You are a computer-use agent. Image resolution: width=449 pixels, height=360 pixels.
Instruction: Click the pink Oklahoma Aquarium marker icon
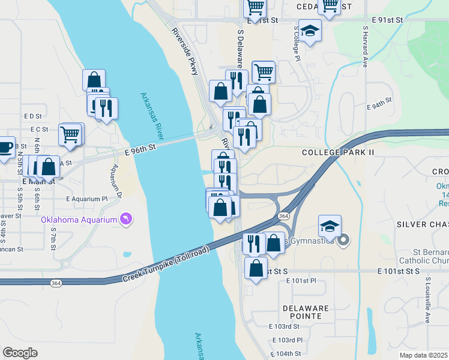tap(125, 219)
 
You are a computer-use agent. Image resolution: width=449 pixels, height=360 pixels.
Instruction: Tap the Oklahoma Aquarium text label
tap(79, 220)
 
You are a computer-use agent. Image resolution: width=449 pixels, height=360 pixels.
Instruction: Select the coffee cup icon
tap(5, 147)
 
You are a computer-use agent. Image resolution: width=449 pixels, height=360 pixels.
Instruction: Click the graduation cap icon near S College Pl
tap(310, 31)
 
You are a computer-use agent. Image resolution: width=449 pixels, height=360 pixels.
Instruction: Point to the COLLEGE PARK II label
tap(338, 152)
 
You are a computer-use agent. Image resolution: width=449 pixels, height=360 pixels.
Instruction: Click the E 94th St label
tap(379, 105)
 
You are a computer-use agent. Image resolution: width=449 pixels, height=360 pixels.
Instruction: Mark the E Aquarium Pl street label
tap(86, 199)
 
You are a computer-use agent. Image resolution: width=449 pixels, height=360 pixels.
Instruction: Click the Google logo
tap(20, 353)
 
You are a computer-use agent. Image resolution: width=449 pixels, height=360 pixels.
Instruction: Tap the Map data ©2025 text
tap(424, 355)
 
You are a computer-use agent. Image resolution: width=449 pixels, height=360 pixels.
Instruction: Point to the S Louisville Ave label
tap(427, 300)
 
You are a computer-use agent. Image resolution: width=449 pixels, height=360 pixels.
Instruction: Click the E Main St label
tap(38, 181)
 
